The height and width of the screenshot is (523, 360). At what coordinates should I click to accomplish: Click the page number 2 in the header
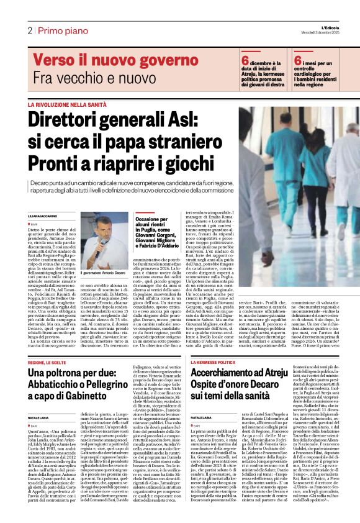[x=29, y=30]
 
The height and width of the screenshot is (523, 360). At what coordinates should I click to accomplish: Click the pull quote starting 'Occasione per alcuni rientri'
[x=158, y=228]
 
